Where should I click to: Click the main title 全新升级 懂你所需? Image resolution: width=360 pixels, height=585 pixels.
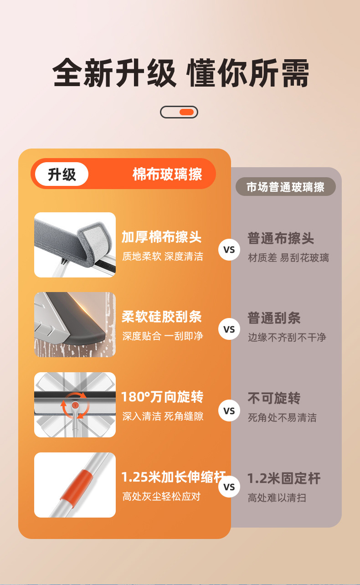(180, 72)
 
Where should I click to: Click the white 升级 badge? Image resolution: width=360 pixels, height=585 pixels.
(62, 174)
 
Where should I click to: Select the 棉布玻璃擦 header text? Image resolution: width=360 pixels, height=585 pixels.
(167, 174)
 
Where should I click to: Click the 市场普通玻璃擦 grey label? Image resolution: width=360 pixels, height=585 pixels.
(286, 187)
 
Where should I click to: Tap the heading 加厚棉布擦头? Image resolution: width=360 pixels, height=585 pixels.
(161, 237)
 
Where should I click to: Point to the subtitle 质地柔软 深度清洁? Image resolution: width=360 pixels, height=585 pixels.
(163, 257)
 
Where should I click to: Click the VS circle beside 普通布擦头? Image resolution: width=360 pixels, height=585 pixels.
(229, 250)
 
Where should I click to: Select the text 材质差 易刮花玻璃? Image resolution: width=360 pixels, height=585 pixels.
(288, 258)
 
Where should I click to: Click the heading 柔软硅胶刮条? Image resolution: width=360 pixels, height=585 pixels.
(161, 317)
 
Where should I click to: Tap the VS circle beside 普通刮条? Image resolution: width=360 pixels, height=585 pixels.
(229, 329)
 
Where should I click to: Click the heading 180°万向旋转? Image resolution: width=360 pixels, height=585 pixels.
(162, 397)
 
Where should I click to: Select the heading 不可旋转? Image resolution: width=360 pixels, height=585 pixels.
(274, 398)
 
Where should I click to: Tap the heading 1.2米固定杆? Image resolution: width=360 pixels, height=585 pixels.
(284, 478)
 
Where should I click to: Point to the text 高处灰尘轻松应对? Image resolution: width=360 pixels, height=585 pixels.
(161, 497)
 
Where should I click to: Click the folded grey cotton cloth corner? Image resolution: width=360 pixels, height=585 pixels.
(94, 243)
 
